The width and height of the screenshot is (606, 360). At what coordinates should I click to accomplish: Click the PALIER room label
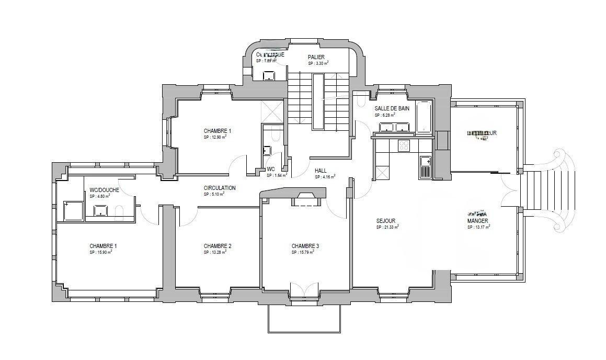click(x=316, y=57)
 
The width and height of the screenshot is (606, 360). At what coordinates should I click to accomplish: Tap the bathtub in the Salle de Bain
click(x=424, y=117)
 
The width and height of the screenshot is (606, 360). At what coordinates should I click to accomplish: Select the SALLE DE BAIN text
click(x=392, y=108)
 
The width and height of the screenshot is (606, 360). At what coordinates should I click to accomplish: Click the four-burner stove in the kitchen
click(x=405, y=145)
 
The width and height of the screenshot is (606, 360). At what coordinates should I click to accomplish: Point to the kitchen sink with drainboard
click(x=426, y=166)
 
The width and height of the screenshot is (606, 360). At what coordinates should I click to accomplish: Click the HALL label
click(x=321, y=171)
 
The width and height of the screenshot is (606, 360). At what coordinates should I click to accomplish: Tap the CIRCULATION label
click(x=220, y=188)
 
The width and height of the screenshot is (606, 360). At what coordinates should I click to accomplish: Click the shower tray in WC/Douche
click(x=73, y=211)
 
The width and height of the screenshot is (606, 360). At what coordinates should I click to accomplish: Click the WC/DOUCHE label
click(x=104, y=190)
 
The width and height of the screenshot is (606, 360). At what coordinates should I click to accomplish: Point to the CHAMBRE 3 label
click(x=305, y=246)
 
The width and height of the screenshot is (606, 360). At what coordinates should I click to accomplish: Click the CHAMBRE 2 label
click(x=218, y=246)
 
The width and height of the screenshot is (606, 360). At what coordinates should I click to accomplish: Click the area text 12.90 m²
click(x=215, y=137)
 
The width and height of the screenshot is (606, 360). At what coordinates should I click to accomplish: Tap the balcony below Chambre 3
click(x=304, y=318)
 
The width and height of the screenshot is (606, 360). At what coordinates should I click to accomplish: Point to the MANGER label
click(x=477, y=221)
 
